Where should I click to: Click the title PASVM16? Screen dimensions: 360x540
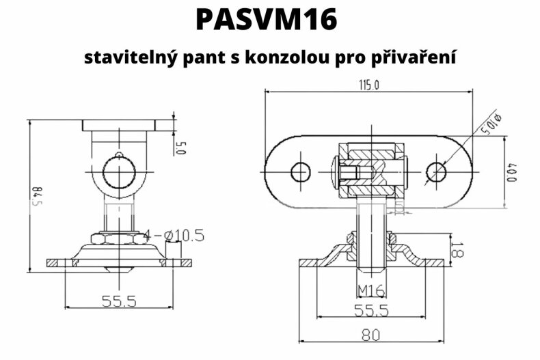pos(266,20)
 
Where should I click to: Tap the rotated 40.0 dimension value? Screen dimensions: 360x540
pos(511,171)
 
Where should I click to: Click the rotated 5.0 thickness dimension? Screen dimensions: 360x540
pos(181,146)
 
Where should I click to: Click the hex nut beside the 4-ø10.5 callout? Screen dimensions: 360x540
pos(121,237)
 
